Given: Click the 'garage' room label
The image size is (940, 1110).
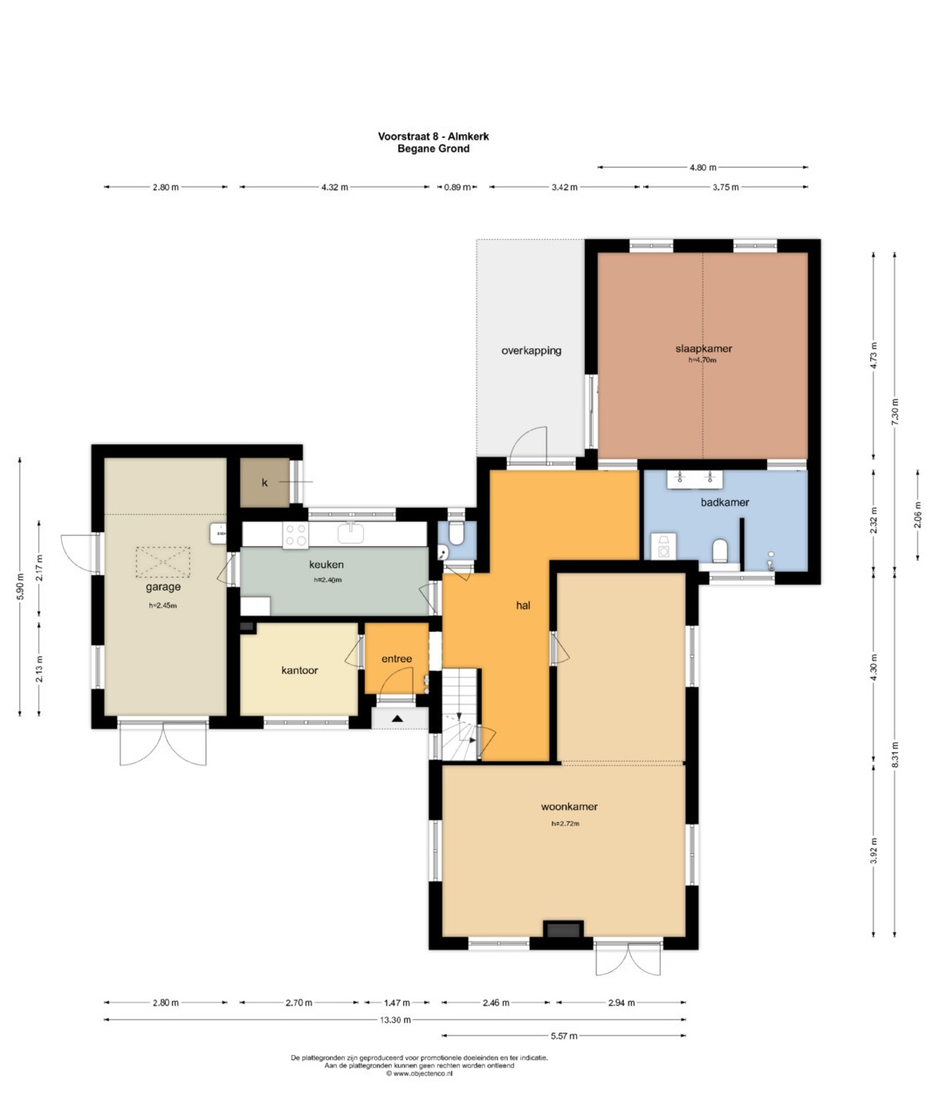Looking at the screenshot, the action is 162,587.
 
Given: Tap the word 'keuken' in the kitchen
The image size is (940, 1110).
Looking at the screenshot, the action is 326,565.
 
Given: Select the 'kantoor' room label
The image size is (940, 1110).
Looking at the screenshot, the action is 299,670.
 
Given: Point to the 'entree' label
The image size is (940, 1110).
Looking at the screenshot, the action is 396,658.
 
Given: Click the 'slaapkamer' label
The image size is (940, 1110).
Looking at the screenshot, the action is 703,348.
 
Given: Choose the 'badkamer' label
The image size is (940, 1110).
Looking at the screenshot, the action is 724,502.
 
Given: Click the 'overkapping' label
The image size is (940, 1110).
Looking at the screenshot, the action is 532,351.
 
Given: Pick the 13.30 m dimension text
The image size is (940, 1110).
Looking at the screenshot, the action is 395,1019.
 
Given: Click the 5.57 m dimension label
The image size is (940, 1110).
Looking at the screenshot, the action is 564,1036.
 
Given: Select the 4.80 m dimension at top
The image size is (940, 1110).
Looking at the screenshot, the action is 703,168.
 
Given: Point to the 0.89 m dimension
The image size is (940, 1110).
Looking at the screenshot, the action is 457,188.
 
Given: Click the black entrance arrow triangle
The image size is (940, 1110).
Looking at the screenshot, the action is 397,718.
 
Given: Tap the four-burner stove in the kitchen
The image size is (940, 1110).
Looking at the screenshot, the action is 295,536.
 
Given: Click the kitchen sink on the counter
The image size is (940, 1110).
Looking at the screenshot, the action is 351,532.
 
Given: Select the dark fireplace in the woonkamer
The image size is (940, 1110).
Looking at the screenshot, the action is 563,929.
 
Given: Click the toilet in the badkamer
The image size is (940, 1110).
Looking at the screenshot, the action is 720,551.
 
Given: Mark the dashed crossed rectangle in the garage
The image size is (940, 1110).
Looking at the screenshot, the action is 162,562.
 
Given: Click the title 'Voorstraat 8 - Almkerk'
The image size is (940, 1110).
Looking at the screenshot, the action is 434,136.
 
